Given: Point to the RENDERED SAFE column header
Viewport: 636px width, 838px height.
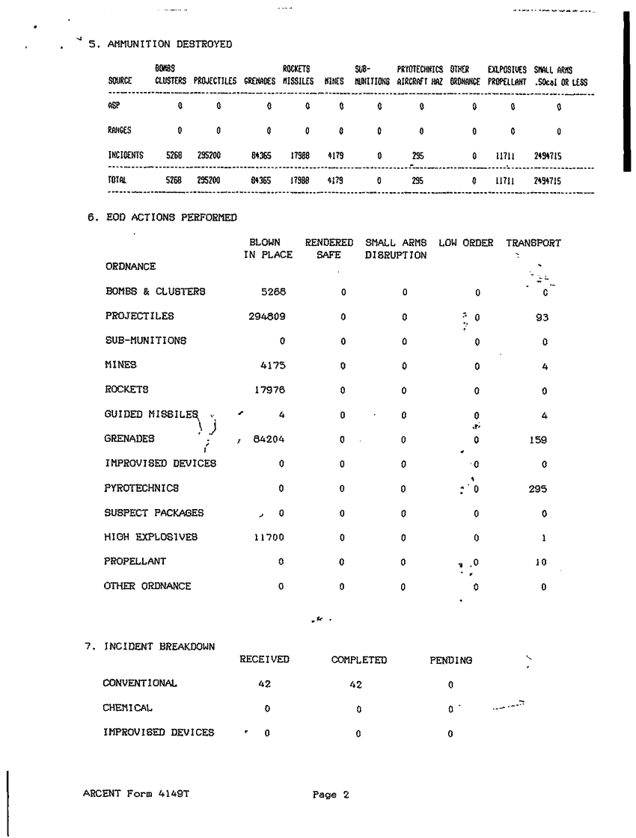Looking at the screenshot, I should pyautogui.click(x=328, y=249).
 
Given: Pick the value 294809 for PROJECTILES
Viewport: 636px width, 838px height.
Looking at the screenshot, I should pyautogui.click(x=267, y=316).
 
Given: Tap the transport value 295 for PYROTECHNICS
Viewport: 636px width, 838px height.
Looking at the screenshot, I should pyautogui.click(x=544, y=489).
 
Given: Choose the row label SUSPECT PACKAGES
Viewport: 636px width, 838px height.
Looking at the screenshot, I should pyautogui.click(x=153, y=513).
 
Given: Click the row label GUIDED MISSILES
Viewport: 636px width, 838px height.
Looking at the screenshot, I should pyautogui.click(x=152, y=413).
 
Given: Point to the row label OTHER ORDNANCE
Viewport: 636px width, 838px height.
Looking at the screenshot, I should pyautogui.click(x=147, y=586).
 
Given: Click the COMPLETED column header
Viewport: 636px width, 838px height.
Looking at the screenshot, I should pyautogui.click(x=359, y=660).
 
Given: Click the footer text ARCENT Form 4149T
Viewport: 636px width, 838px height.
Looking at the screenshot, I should pyautogui.click(x=135, y=794).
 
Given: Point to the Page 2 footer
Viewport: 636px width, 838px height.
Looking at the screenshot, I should pyautogui.click(x=331, y=795).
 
